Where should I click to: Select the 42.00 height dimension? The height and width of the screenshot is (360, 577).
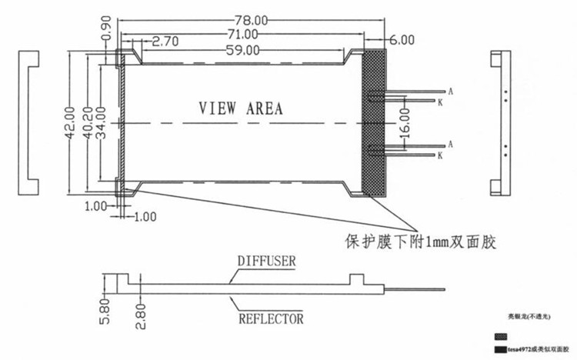pyautogui.click(x=69, y=122)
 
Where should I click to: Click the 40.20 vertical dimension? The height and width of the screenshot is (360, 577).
pyautogui.click(x=88, y=122)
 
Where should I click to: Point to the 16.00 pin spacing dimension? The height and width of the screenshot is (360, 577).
pyautogui.click(x=405, y=122)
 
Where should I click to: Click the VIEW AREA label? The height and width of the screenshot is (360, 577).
pyautogui.click(x=241, y=108)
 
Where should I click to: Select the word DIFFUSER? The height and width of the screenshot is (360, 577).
pyautogui.click(x=266, y=262)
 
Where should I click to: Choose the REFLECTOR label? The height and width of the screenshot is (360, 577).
pyautogui.click(x=270, y=318)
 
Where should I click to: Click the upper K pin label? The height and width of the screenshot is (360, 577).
pyautogui.click(x=440, y=102)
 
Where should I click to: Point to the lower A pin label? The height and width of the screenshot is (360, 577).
pyautogui.click(x=449, y=144)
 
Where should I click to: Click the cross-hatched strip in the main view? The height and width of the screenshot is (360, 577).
pyautogui.click(x=375, y=122)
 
